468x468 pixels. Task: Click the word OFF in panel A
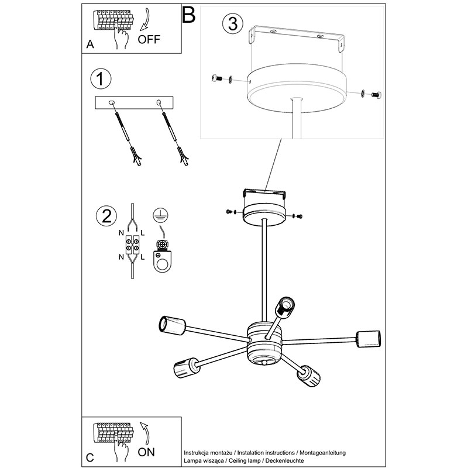[149, 39]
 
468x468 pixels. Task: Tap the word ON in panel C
[146, 452]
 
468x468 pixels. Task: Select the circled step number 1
[101, 79]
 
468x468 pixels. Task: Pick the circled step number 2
[106, 216]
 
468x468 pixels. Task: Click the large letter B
[188, 15]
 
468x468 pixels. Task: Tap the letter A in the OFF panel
[90, 44]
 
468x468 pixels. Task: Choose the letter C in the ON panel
[90, 457]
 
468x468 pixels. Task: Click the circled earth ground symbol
[160, 215]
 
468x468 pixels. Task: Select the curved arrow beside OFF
[145, 19]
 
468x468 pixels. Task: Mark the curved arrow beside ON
[145, 433]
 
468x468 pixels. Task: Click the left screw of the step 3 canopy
[217, 78]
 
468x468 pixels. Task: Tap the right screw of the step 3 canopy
[376, 95]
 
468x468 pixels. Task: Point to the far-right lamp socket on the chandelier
[369, 339]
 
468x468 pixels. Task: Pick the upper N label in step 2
[121, 233]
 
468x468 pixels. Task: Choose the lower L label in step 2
[142, 257]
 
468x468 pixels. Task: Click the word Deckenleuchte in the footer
[285, 460]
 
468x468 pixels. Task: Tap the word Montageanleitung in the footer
[323, 453]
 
